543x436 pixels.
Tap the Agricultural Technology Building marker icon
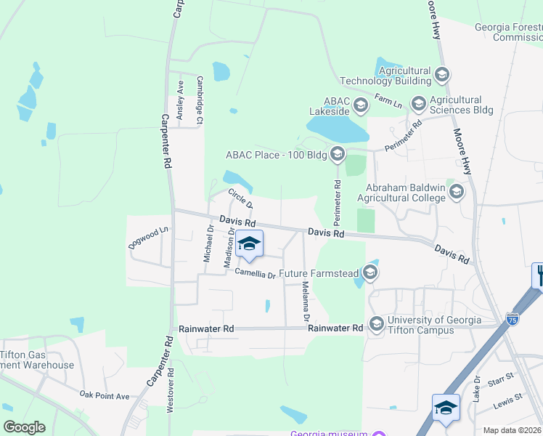tap(441, 74)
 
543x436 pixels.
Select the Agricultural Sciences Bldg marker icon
tap(418, 104)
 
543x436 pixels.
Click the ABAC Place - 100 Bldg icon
tap(336, 153)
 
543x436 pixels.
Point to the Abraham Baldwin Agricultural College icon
tap(456, 192)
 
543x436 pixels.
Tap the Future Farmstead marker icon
tap(370, 273)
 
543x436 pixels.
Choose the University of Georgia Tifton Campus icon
tap(376, 323)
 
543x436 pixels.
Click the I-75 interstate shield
tap(513, 319)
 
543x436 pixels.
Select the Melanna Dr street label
tap(306, 302)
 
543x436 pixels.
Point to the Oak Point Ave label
tap(105, 395)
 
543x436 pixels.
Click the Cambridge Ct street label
tap(200, 100)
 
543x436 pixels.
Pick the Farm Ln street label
tap(388, 100)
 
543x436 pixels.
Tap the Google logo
tap(24, 427)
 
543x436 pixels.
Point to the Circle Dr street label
tap(239, 198)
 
